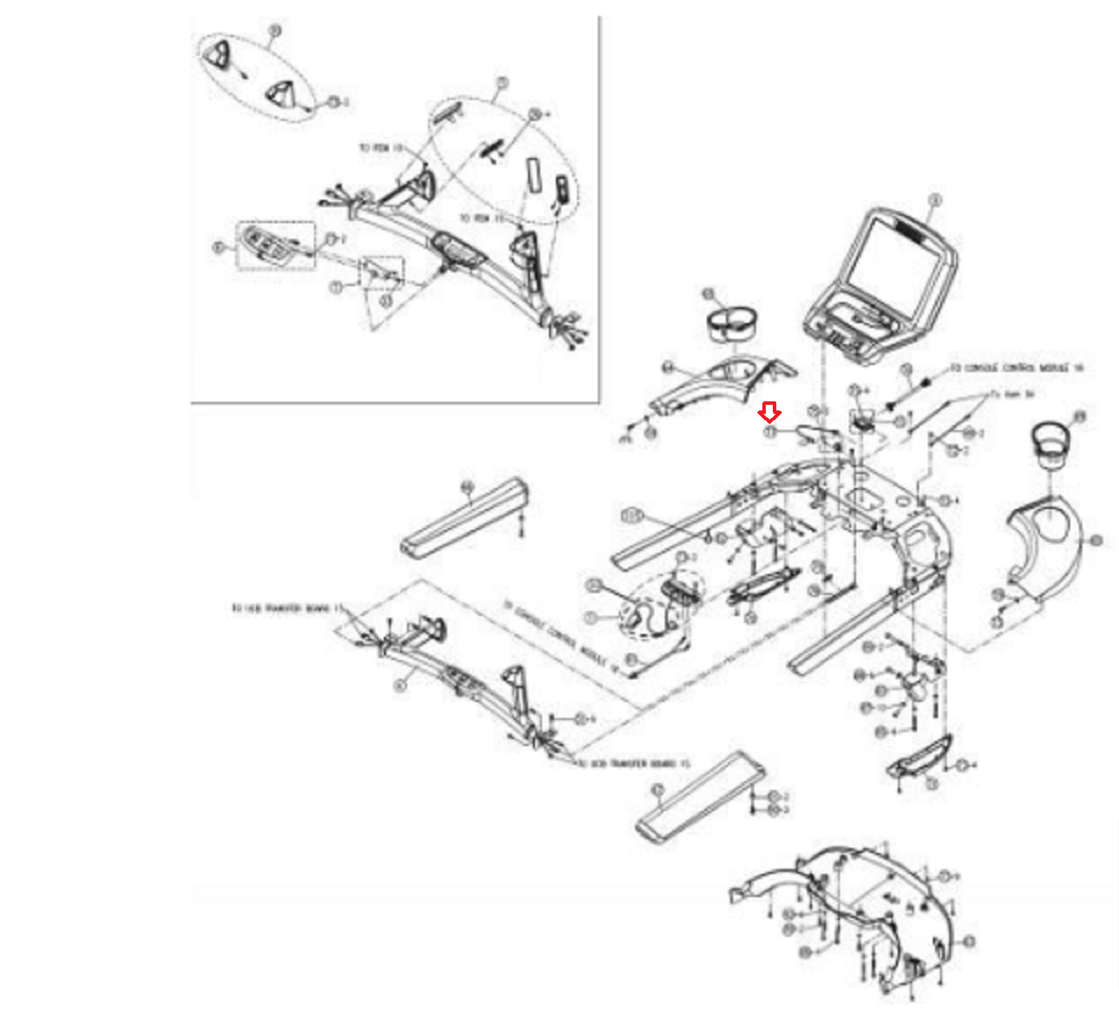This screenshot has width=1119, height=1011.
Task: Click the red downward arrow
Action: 769,413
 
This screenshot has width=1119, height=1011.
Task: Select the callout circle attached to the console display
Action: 936,201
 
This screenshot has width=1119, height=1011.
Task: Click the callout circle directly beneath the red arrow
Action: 770,433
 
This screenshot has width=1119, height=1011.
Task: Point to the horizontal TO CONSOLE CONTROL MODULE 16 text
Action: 1015,368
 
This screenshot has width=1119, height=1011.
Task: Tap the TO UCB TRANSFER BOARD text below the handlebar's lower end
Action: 634,763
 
